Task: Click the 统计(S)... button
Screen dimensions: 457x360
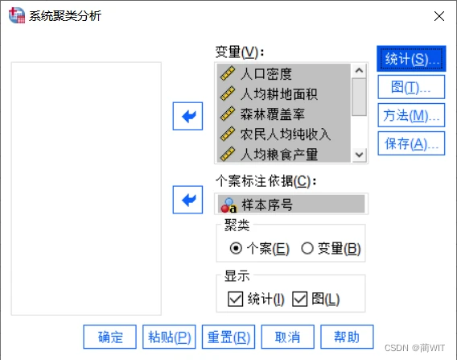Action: (x=411, y=59)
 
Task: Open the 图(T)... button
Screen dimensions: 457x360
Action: (x=411, y=87)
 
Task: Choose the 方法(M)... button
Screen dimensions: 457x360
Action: (x=411, y=115)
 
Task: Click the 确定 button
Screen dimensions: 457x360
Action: (x=110, y=337)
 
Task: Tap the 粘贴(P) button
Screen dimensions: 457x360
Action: (x=169, y=337)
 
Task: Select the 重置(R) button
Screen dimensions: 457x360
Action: (x=228, y=337)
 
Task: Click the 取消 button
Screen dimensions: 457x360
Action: (x=288, y=337)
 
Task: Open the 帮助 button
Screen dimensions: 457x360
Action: (x=347, y=337)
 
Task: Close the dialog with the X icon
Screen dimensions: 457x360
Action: (x=439, y=16)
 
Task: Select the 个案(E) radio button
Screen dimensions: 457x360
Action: (x=236, y=249)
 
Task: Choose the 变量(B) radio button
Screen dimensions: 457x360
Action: (x=307, y=249)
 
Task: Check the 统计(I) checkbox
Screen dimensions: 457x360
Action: (x=236, y=299)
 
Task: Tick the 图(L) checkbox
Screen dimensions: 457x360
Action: (x=299, y=299)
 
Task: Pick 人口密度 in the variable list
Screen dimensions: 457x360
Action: (x=266, y=74)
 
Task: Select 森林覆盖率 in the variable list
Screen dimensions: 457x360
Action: (x=272, y=114)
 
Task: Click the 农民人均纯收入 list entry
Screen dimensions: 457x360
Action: (x=286, y=134)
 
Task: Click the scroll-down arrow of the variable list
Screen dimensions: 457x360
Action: (x=359, y=155)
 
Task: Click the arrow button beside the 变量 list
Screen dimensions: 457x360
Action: (x=187, y=116)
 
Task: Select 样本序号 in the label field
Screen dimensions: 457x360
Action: (x=267, y=205)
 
